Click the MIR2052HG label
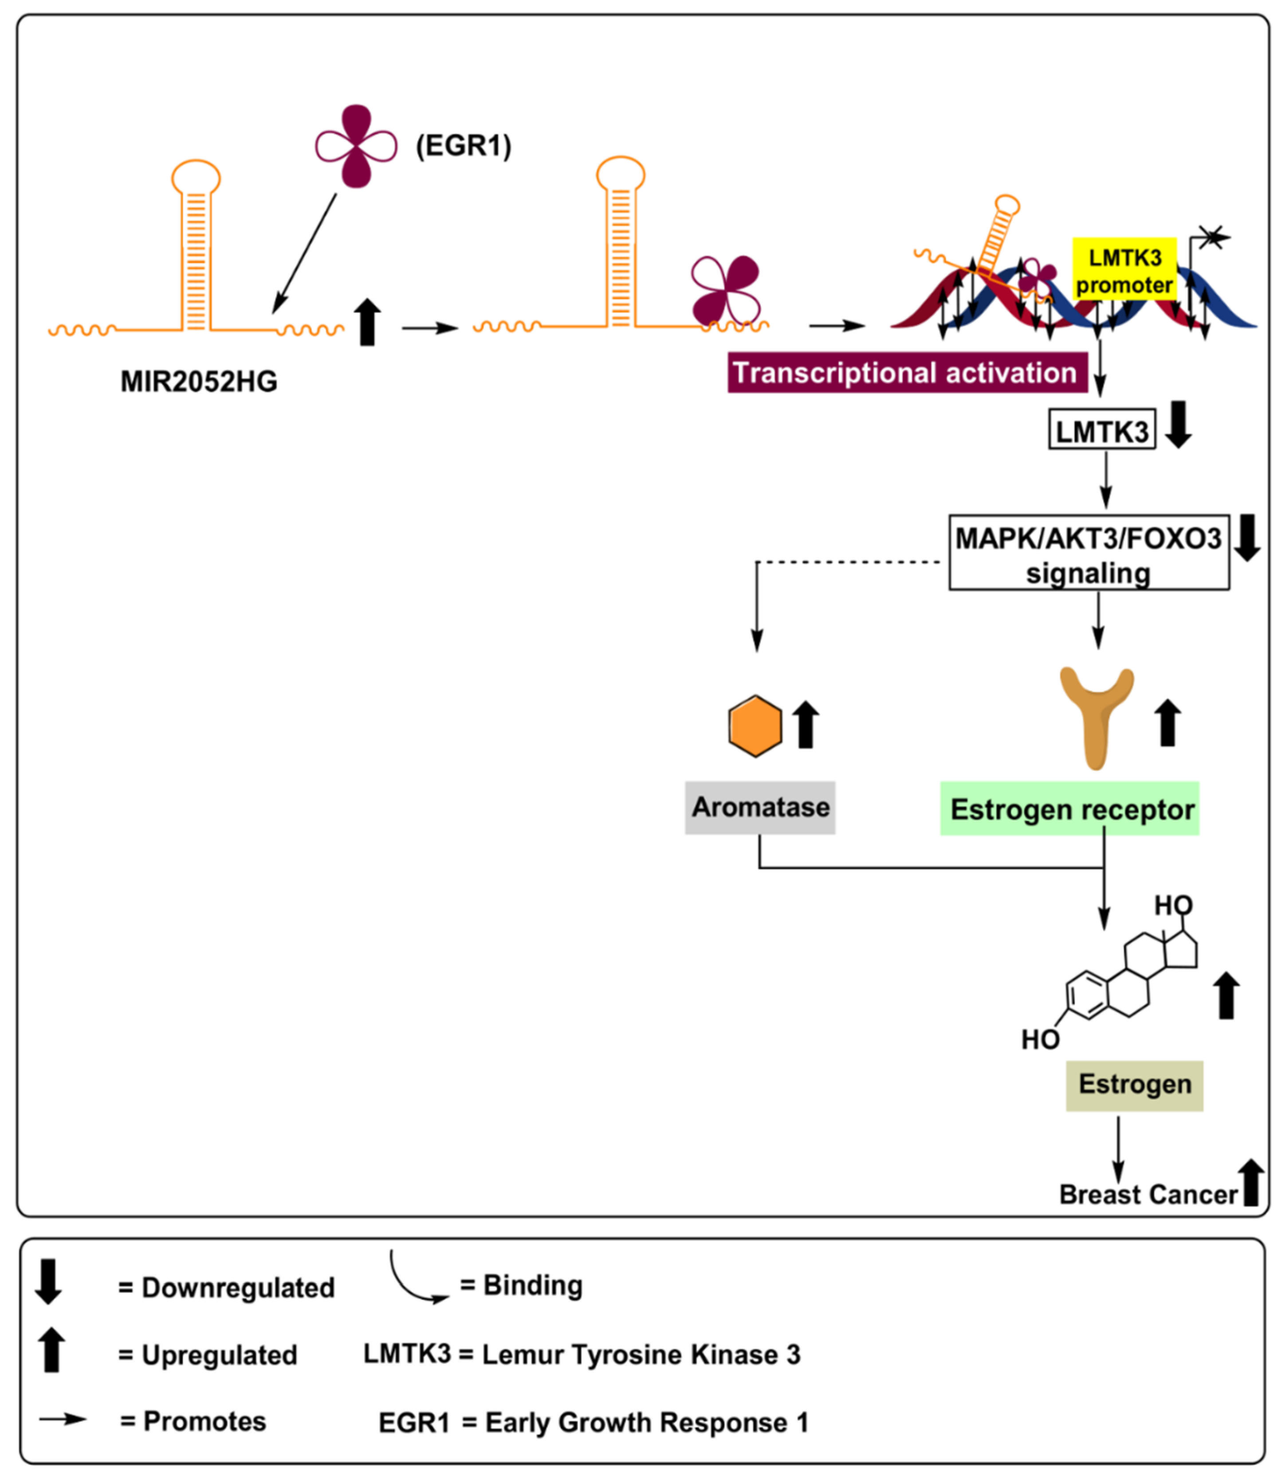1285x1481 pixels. (x=199, y=381)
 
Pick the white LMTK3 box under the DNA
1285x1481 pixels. (x=1102, y=430)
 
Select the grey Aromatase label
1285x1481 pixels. (x=760, y=808)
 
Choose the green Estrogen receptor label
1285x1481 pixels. (x=1070, y=808)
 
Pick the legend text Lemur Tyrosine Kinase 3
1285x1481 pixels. (x=641, y=1355)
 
